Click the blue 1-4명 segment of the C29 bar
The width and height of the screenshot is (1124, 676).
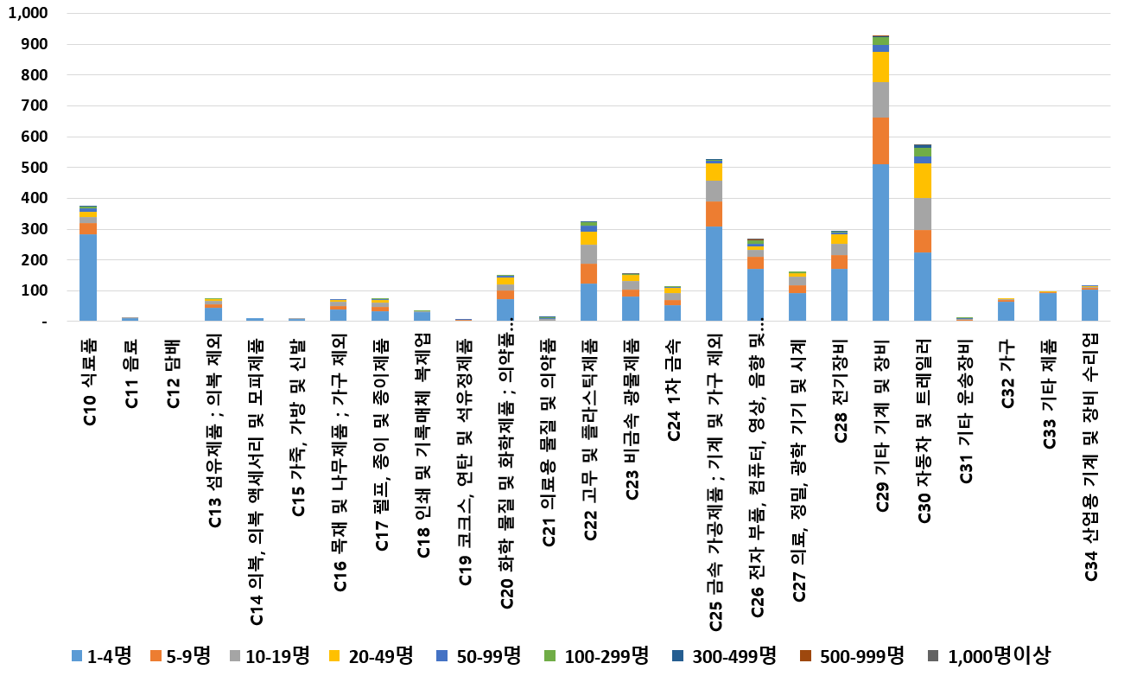click(x=881, y=242)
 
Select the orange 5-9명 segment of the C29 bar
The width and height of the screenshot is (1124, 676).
click(x=881, y=140)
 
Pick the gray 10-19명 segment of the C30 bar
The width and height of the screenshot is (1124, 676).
click(x=923, y=214)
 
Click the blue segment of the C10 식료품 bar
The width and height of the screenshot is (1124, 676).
click(x=88, y=277)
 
